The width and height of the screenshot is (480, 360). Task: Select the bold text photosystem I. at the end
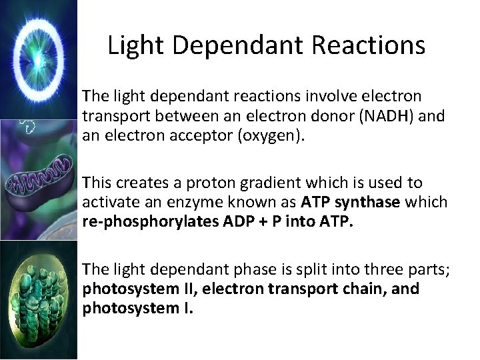[137, 309]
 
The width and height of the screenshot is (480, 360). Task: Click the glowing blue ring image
[38, 59]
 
